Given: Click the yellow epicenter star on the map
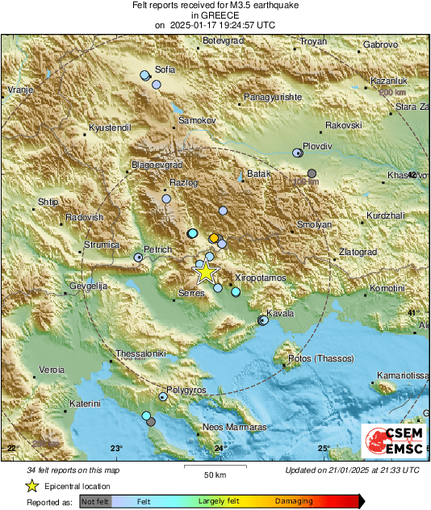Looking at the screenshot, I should (x=207, y=272).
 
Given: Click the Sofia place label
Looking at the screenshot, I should (x=165, y=69).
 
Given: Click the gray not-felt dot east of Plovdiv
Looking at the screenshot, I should (x=312, y=173).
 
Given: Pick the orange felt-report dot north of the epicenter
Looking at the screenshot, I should (x=213, y=238).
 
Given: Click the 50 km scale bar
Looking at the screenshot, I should (x=214, y=466).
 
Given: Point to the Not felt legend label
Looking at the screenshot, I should (x=97, y=501).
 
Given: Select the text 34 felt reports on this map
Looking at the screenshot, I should (x=73, y=470).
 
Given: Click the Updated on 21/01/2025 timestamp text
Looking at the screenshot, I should (x=352, y=470).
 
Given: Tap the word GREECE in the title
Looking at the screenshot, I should (x=215, y=15).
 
